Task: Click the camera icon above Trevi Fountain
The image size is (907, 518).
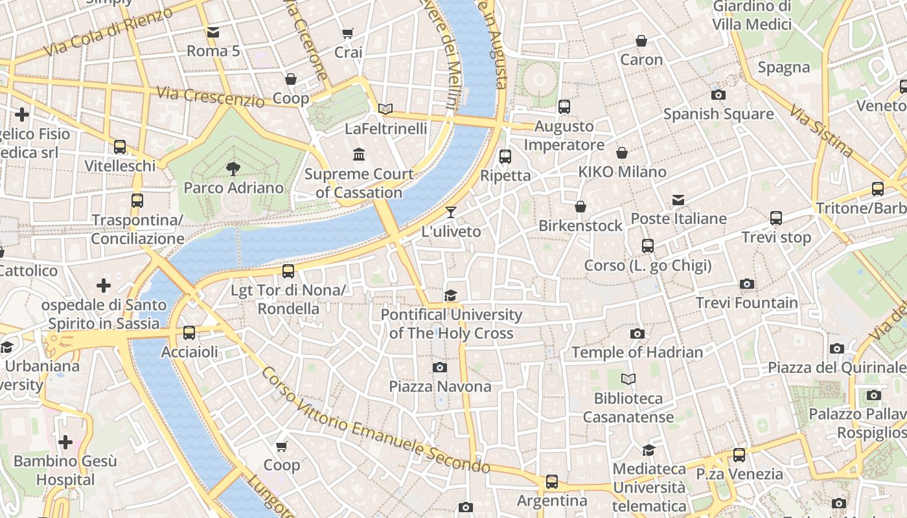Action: [747, 284]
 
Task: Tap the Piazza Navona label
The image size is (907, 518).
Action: [440, 387]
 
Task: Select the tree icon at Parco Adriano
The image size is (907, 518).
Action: [233, 169]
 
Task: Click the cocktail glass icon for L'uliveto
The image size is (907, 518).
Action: [451, 212]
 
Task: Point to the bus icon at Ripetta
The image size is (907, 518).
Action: [505, 156]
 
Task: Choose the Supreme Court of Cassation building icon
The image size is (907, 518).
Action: [359, 154]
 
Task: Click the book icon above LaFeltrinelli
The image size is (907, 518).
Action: [385, 109]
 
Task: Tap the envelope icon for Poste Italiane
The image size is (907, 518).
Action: [678, 199]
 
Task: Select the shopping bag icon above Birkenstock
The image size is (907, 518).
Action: [580, 207]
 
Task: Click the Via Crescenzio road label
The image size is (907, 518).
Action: [211, 96]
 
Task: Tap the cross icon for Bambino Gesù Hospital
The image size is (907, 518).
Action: [65, 442]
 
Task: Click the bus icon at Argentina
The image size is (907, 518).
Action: [552, 481]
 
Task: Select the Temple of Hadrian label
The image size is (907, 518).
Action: [637, 352]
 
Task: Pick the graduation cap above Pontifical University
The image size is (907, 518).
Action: [451, 295]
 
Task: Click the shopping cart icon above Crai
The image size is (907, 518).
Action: [348, 33]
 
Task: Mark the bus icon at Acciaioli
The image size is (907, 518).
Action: [189, 333]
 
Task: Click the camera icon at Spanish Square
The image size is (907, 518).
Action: [718, 95]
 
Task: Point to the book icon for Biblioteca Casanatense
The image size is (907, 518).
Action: [628, 379]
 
